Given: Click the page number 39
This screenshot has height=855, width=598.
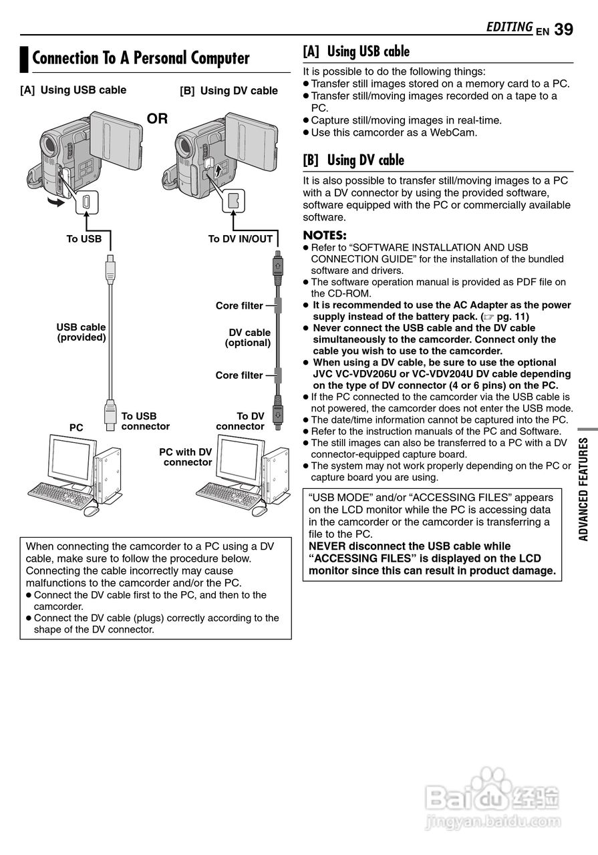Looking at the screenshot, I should coord(563,29).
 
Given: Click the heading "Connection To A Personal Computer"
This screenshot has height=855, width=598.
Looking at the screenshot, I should coord(141,58).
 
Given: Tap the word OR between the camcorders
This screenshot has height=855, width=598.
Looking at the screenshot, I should coord(158,119).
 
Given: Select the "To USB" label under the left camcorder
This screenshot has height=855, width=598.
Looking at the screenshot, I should coord(84,239).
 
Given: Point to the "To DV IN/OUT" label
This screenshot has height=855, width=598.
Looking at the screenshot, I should coord(241,239).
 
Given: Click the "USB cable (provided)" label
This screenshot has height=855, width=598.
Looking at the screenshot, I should coord(81,333).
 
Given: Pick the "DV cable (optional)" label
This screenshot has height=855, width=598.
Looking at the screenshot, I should coord(249,338).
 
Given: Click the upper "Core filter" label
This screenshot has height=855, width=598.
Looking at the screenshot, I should coord(239,306).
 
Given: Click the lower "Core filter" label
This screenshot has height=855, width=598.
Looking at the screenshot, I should coord(239,375).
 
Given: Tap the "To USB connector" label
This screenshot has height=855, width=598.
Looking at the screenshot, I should coord(145,421).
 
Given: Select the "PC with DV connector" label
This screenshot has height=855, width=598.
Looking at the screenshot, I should coord(186,458).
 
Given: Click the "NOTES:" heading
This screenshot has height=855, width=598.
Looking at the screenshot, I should coord(325,235).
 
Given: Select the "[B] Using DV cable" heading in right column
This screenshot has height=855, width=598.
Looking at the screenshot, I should coord(353,160).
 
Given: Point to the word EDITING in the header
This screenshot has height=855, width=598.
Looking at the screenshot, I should coord(509,27).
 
